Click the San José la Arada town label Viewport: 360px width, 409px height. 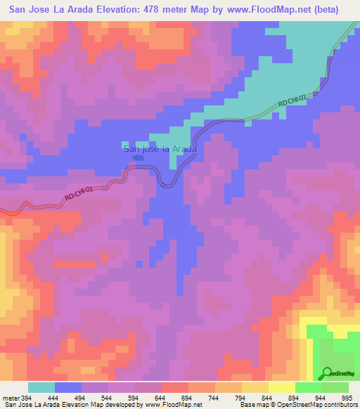pyautogui.click(x=159, y=149)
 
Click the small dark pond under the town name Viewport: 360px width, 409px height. pyautogui.click(x=138, y=158)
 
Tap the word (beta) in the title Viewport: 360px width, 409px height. pyautogui.click(x=323, y=10)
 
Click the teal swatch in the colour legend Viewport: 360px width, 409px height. pyautogui.click(x=41, y=387)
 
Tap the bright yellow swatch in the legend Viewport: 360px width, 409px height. pyautogui.click(x=281, y=387)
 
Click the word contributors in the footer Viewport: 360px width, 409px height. pyautogui.click(x=337, y=405)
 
